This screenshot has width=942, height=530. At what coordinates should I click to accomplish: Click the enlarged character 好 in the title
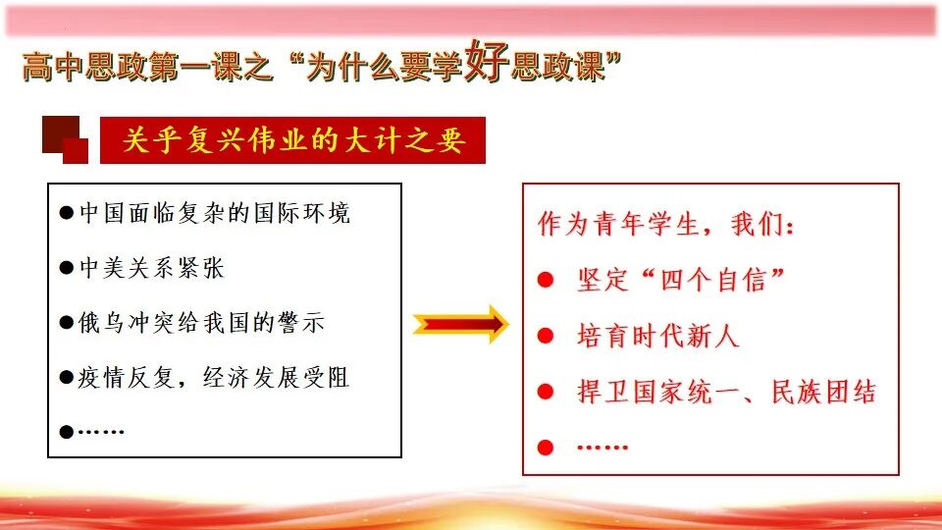coord(487,62)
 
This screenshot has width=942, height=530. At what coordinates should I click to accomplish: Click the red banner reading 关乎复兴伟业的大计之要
coord(292,140)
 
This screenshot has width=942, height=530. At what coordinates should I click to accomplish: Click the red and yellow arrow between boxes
coord(459,323)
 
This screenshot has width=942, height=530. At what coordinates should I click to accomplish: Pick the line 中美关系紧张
coord(152,268)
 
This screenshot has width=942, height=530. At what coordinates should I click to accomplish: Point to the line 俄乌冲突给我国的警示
coord(201,323)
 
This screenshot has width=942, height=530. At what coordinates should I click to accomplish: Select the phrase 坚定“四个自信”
coord(682,281)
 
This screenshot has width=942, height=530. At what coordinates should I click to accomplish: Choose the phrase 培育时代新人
coord(657,337)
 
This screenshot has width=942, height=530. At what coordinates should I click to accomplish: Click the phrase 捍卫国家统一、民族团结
coord(726,393)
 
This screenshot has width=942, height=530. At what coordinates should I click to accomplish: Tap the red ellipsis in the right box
coord(602,447)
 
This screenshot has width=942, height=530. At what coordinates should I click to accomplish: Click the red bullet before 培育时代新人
coord(546,337)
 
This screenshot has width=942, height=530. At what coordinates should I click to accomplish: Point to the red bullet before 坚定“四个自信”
coord(546,281)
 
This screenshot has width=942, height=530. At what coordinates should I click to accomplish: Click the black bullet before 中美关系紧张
coord(67,268)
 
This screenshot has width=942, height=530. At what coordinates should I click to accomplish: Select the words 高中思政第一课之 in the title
coord(143,67)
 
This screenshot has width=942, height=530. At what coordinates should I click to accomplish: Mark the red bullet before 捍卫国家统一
coord(546,393)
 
